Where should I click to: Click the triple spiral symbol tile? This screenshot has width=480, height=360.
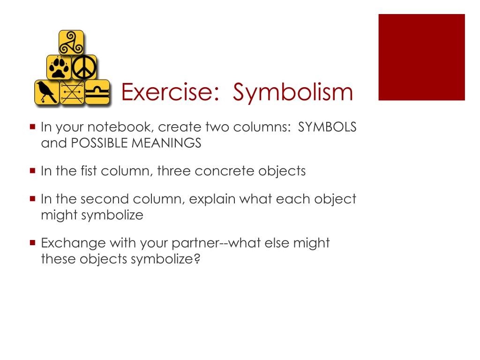click(x=71, y=43)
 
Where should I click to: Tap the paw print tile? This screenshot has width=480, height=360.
click(x=59, y=67)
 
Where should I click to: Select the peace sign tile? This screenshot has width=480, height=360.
click(x=84, y=67)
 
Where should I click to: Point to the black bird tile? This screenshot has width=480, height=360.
click(x=47, y=92)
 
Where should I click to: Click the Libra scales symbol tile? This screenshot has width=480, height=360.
click(x=97, y=92)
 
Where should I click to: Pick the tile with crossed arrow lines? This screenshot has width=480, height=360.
click(x=72, y=92)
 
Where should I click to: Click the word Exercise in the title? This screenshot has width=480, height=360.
click(x=170, y=92)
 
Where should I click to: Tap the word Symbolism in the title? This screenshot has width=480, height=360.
click(x=293, y=93)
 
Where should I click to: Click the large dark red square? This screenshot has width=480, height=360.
click(x=421, y=57)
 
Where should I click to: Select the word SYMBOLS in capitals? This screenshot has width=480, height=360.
click(x=327, y=127)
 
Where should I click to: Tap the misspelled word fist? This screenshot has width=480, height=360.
click(x=89, y=171)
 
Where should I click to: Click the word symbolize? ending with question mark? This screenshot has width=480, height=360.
click(x=165, y=259)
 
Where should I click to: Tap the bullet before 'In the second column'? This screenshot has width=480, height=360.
click(x=33, y=199)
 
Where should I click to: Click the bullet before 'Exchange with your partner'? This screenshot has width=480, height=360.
click(x=33, y=243)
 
